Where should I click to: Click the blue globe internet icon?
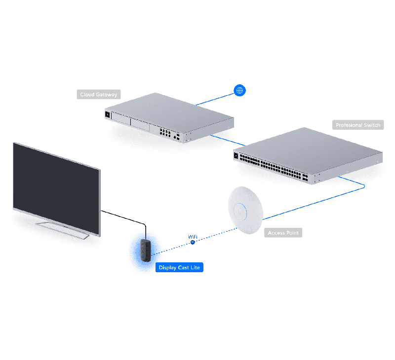[x=239, y=90]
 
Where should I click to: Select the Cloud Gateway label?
[x=99, y=94]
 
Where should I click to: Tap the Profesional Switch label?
[x=358, y=125]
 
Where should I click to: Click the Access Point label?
[x=283, y=232]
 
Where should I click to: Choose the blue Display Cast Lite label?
[x=179, y=267]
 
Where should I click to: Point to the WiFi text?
[x=193, y=237]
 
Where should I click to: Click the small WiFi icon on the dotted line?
[x=193, y=242]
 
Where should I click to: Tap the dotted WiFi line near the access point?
[x=217, y=233]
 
